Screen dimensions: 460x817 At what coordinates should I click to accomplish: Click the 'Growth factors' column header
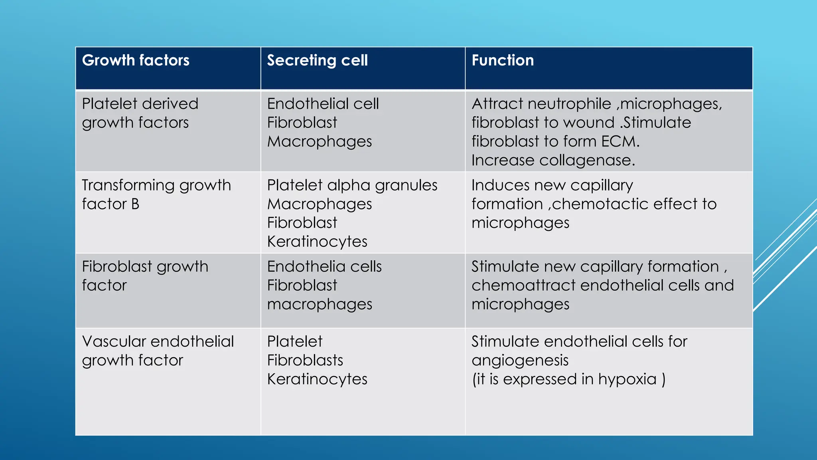click(x=136, y=60)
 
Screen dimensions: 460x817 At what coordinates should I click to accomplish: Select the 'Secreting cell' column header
click(x=317, y=60)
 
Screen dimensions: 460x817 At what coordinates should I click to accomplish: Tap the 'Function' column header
click(x=503, y=60)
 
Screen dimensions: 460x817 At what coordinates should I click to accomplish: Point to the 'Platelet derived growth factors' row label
click(x=140, y=113)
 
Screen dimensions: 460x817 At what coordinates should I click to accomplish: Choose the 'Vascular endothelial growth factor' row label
click(x=158, y=351)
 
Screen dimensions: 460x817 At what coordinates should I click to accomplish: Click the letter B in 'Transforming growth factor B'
click(x=135, y=204)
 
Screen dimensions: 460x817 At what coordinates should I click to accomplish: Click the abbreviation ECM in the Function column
click(x=620, y=141)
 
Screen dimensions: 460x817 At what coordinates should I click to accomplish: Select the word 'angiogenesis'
click(x=520, y=361)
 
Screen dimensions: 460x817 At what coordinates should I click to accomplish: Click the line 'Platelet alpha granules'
click(x=352, y=185)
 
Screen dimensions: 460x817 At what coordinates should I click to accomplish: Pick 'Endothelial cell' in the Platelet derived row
click(x=323, y=104)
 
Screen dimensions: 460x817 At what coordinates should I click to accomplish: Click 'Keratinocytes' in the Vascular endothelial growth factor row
click(x=317, y=379)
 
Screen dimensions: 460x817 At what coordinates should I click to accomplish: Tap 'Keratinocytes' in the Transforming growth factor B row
click(x=317, y=242)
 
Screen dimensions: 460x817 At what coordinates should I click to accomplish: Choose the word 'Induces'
click(x=500, y=185)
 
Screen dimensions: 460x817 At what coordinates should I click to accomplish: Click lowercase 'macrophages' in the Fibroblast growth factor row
click(x=320, y=304)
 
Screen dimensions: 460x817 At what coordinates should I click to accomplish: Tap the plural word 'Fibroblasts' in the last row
click(x=305, y=361)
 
